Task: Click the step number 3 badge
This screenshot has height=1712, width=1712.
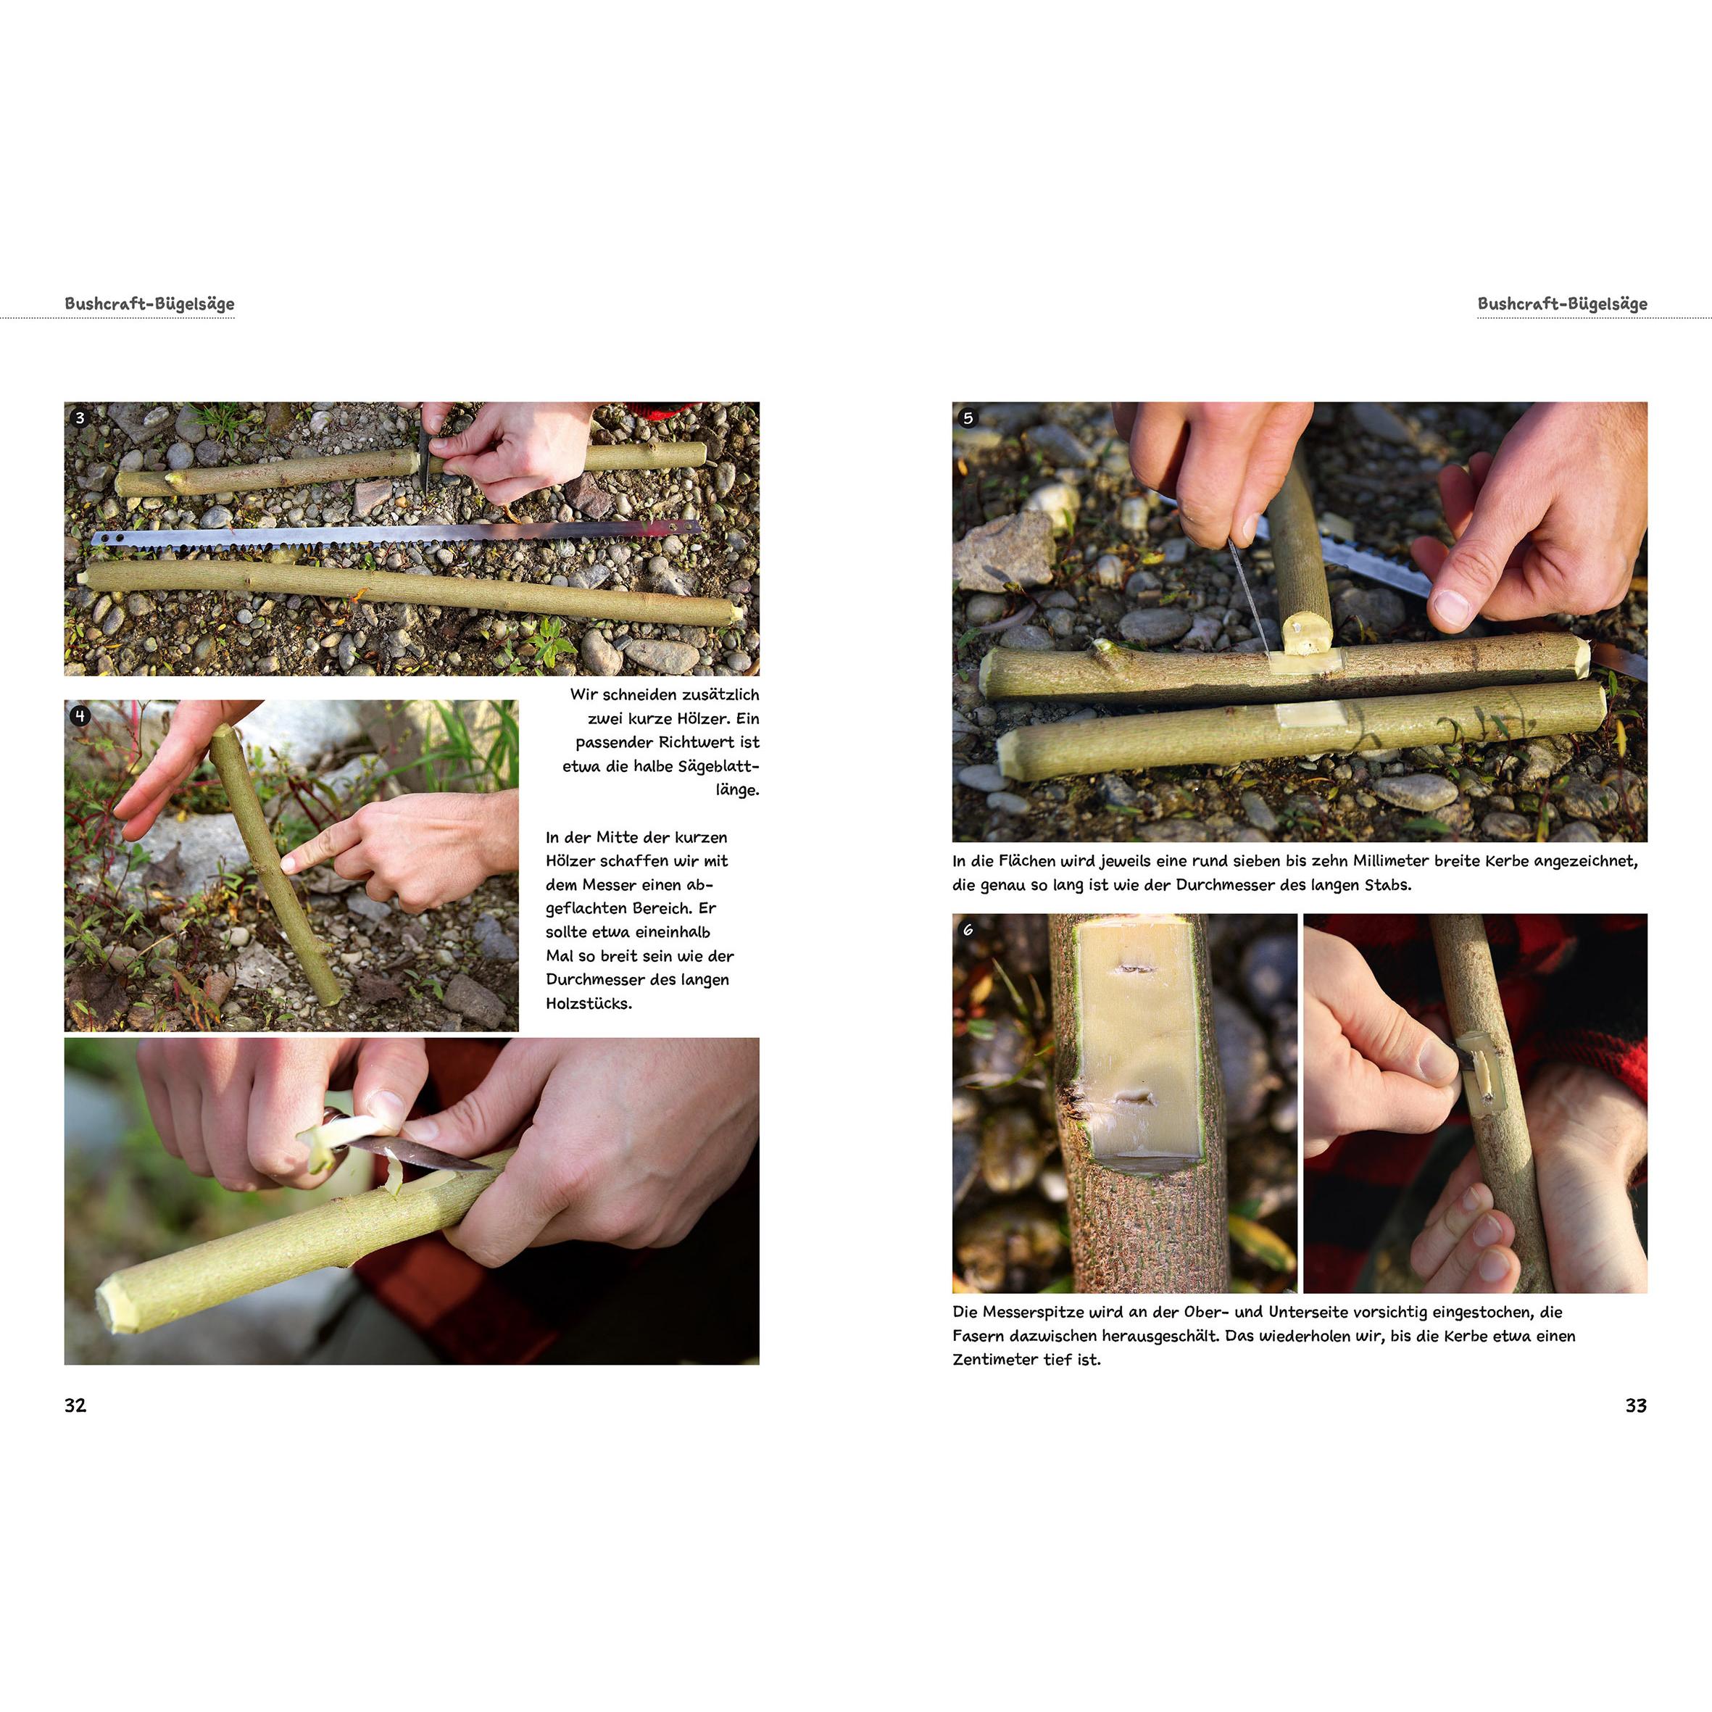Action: point(80,418)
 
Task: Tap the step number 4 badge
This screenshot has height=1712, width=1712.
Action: point(80,716)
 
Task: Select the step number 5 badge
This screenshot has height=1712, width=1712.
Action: point(968,418)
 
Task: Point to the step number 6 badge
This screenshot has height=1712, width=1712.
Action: point(968,929)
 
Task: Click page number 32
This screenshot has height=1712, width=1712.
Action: point(75,1405)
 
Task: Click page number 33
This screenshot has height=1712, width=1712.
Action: point(1636,1405)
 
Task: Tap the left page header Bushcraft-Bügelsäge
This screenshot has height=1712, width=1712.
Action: point(150,304)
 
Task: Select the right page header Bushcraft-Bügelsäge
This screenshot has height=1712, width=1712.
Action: point(1562,304)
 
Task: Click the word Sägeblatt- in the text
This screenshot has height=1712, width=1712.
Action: point(717,765)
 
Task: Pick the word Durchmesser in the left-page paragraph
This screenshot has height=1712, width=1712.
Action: point(593,979)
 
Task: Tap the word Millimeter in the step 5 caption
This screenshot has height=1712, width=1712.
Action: point(1394,860)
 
